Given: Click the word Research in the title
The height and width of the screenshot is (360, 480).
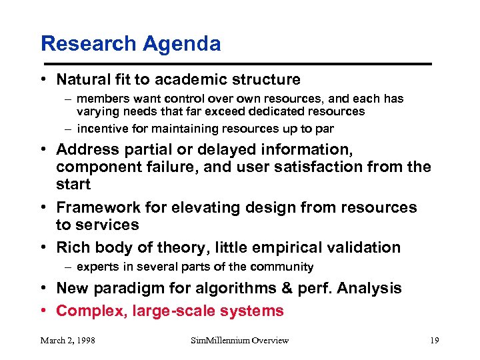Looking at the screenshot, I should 85,44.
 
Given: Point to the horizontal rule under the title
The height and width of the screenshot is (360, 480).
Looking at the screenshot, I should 237,64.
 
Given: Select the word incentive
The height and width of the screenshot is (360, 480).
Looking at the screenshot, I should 101,129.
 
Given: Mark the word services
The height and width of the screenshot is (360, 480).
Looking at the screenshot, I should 108,225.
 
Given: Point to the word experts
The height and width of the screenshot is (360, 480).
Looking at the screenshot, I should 98,267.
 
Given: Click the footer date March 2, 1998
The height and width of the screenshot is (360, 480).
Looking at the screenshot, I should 67,341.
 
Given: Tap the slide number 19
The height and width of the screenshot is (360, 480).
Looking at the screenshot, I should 434,341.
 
